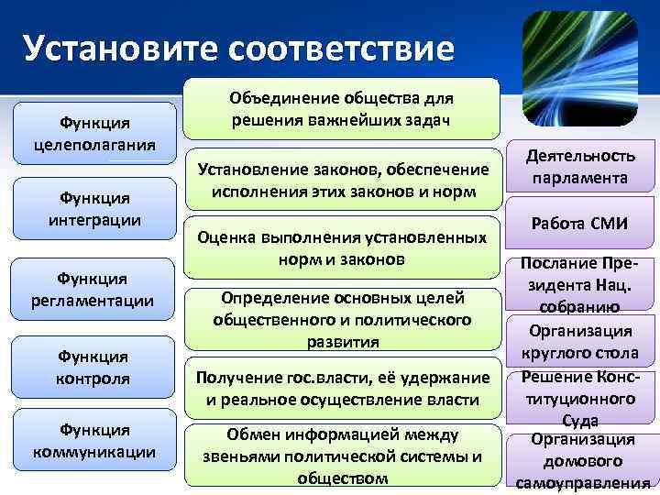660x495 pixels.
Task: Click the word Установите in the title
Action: click(x=120, y=47)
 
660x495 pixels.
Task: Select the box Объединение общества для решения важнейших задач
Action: click(x=343, y=109)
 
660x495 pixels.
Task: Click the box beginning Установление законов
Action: click(x=343, y=181)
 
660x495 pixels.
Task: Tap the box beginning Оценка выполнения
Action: click(x=343, y=247)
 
